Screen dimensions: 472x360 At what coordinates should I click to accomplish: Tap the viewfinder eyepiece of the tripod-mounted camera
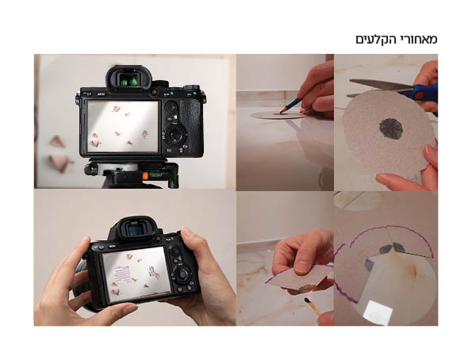click(129, 79)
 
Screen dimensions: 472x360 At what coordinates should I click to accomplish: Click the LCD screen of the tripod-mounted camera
click(122, 126)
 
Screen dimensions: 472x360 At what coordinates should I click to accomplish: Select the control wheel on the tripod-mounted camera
click(175, 134)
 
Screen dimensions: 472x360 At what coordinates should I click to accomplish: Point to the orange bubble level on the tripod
click(145, 175)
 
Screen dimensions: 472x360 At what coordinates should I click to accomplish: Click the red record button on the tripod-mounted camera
click(155, 92)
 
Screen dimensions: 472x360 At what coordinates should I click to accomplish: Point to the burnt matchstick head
click(307, 300)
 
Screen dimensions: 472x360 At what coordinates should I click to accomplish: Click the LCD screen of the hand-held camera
click(136, 274)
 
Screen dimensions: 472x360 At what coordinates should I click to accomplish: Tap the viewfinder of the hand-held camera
click(136, 230)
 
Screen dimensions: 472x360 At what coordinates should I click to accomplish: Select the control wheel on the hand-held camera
click(183, 274)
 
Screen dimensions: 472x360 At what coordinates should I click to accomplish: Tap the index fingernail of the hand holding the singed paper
click(300, 267)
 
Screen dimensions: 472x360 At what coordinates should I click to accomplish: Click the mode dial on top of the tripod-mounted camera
click(191, 87)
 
